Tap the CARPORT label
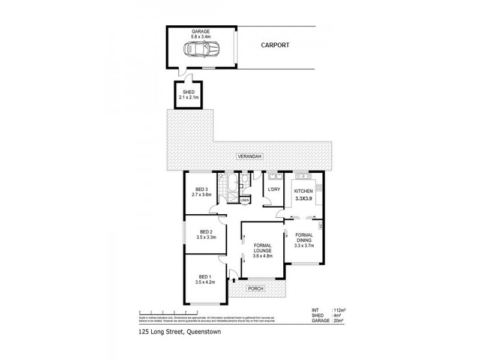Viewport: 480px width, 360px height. tap(275, 44)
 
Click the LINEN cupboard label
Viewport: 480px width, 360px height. tap(245, 200)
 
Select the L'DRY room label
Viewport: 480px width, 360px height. tap(274, 190)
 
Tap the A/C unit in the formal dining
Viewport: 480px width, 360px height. tap(322, 226)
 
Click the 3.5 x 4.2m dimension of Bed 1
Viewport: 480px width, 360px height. tap(205, 282)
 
